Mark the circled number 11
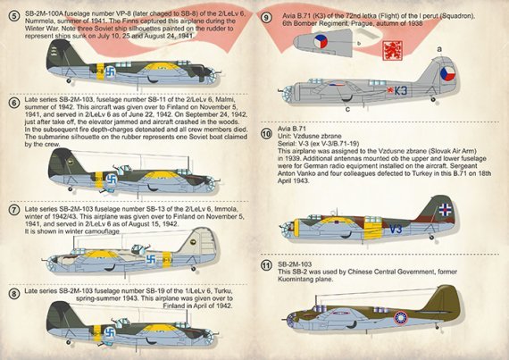point(266,264)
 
